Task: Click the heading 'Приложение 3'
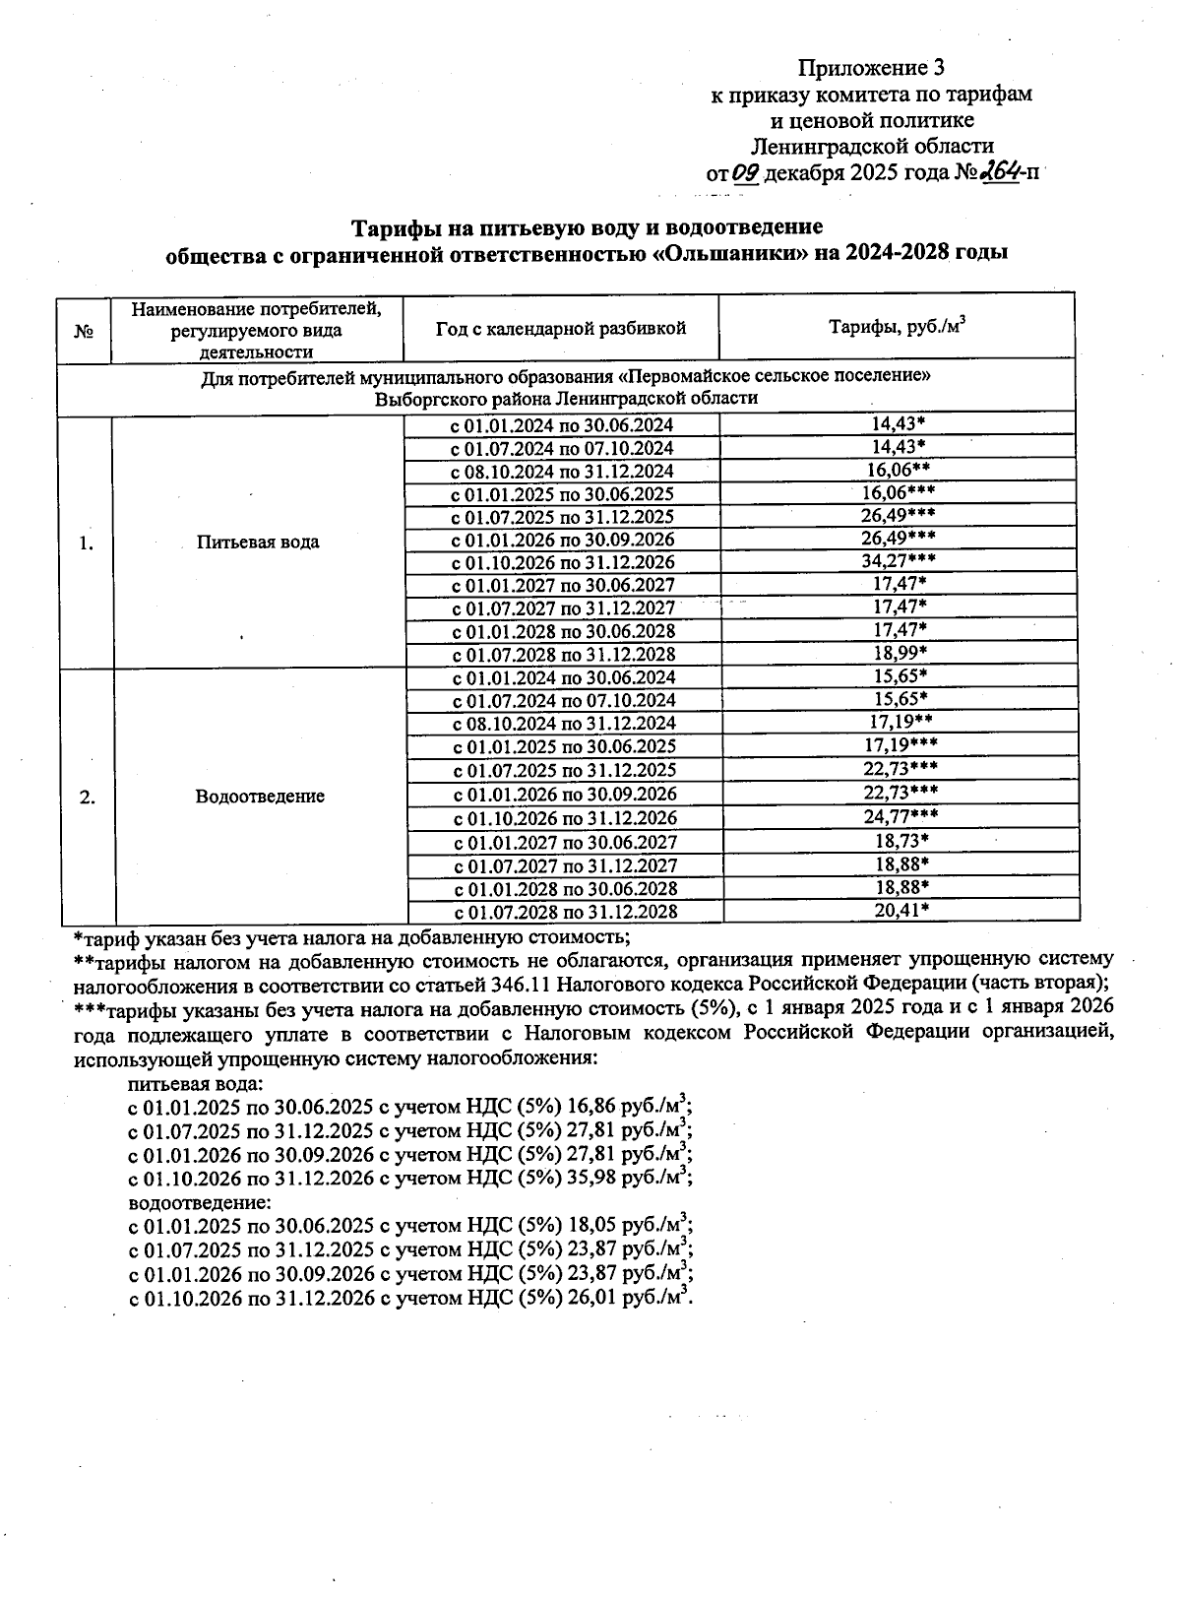(x=870, y=68)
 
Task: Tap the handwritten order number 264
(x=998, y=173)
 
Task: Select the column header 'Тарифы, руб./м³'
(x=897, y=327)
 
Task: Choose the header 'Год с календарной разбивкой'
(x=561, y=328)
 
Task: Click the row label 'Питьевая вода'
(x=258, y=543)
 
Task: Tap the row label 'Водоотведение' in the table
(x=260, y=797)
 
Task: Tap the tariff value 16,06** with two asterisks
(x=900, y=469)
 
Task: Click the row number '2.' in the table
(x=88, y=797)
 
